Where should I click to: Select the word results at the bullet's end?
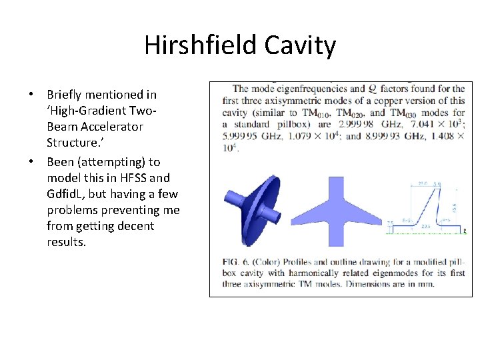pyautogui.click(x=66, y=242)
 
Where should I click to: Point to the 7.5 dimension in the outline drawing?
pyautogui.click(x=390, y=223)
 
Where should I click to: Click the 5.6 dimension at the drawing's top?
pyautogui.click(x=437, y=183)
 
